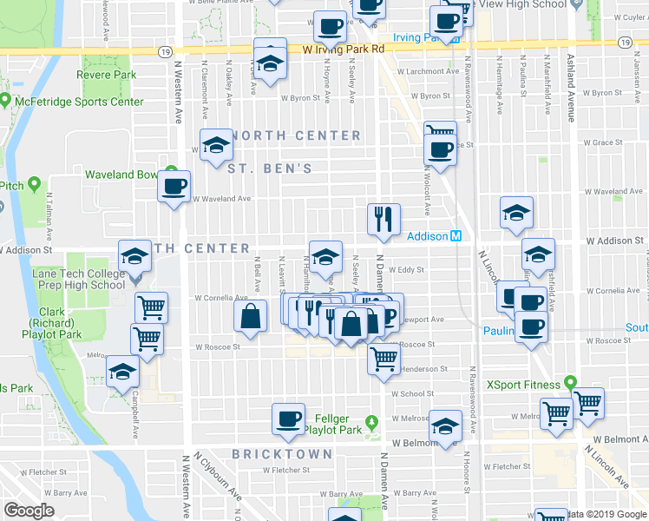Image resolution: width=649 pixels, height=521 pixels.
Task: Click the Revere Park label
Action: point(106,76)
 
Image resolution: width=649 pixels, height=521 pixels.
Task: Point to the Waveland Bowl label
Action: point(121,175)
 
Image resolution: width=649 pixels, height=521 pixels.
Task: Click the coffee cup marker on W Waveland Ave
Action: point(174,185)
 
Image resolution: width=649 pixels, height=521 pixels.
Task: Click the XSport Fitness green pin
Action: point(569,382)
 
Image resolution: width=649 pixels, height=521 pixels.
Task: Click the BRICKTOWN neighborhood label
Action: point(282,454)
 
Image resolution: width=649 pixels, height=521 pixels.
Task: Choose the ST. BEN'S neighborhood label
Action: point(269,168)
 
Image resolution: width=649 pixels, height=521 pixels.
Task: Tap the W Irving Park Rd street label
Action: point(344,49)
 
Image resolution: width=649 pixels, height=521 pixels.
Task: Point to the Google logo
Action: point(29,511)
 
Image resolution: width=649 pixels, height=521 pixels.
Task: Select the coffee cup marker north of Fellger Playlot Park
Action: point(288,419)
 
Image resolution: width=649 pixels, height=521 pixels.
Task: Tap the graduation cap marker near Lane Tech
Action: point(134,256)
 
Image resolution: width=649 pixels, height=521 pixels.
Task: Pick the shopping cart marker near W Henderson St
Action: point(383,358)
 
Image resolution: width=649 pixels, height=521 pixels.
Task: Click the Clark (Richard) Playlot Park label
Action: point(61,324)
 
